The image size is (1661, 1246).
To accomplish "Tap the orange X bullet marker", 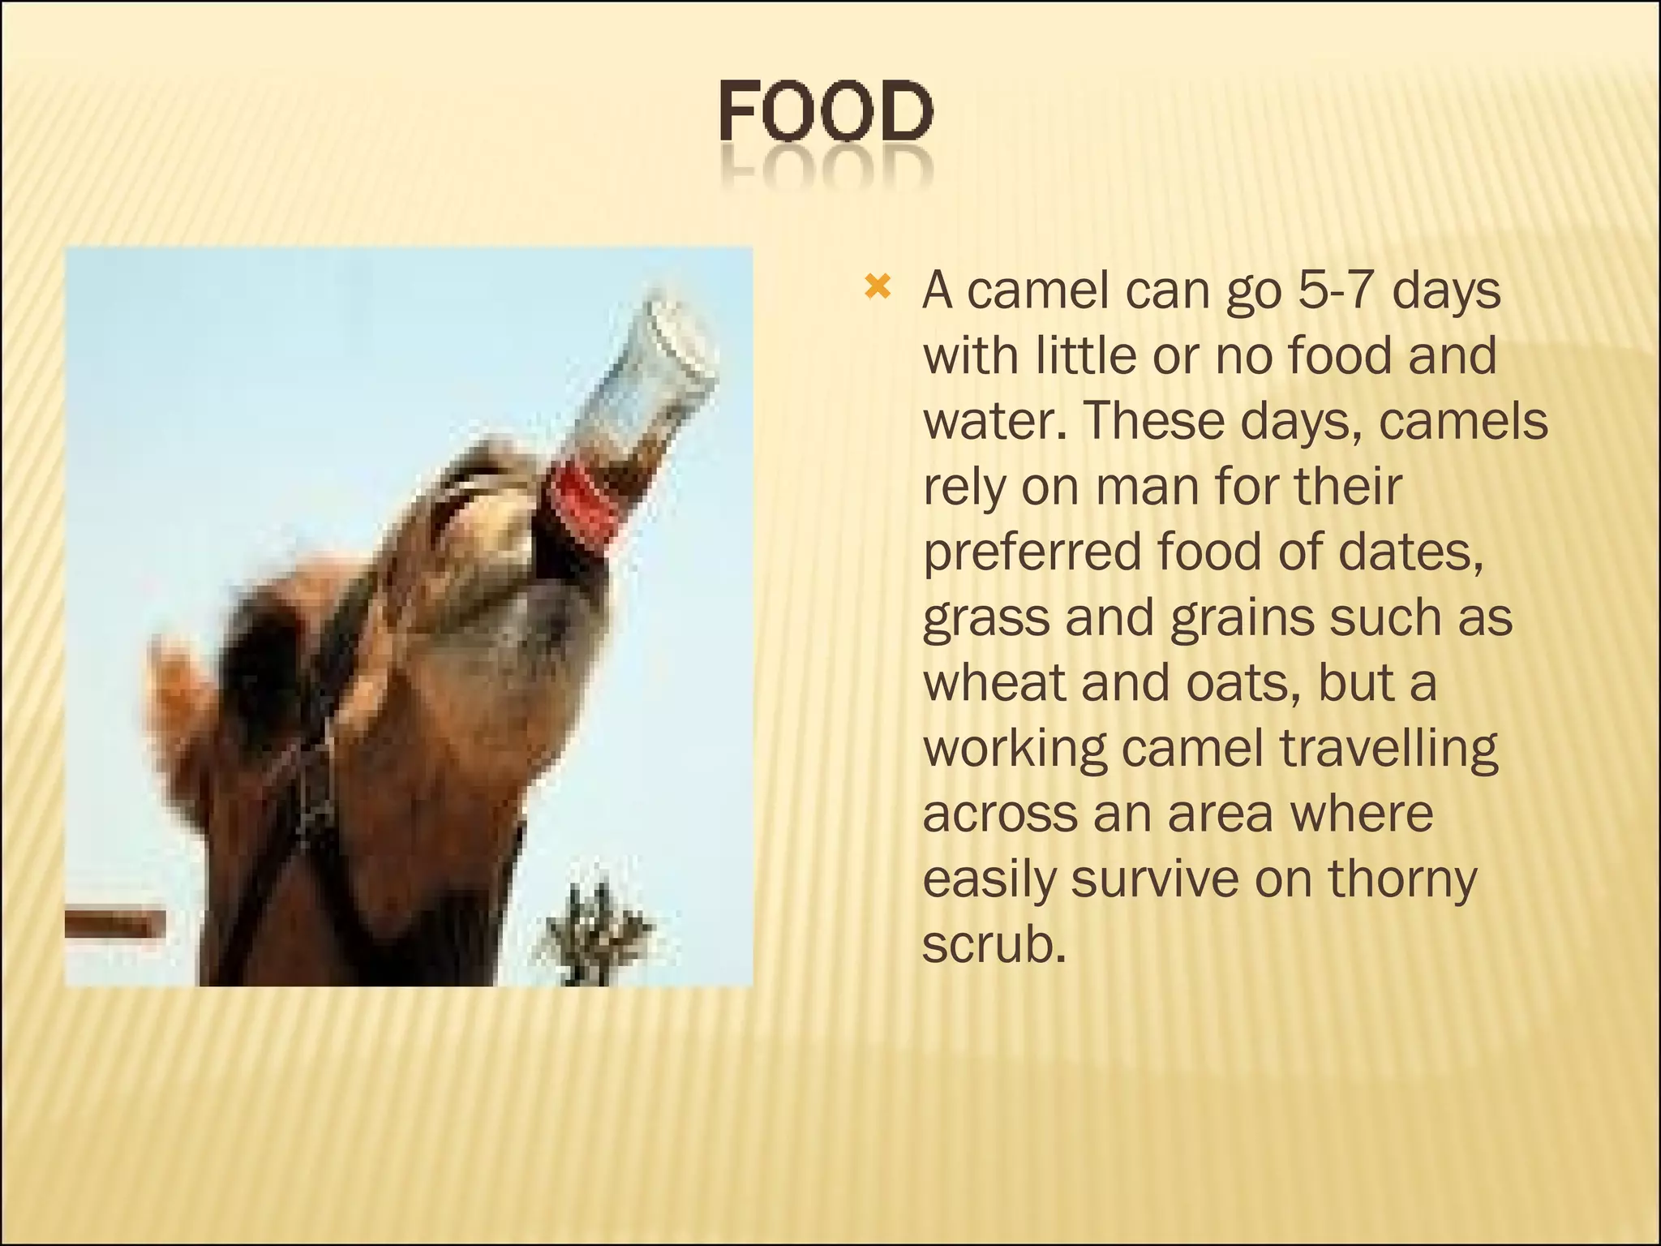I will pyautogui.click(x=878, y=287).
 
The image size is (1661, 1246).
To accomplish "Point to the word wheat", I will pyautogui.click(x=994, y=682).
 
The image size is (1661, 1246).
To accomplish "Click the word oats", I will pyautogui.click(x=1237, y=682).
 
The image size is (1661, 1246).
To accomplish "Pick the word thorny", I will pyautogui.click(x=1402, y=879).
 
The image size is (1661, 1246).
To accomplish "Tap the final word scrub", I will pyautogui.click(x=994, y=944).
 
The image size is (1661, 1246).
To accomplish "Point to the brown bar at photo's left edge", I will pyautogui.click(x=114, y=924).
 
